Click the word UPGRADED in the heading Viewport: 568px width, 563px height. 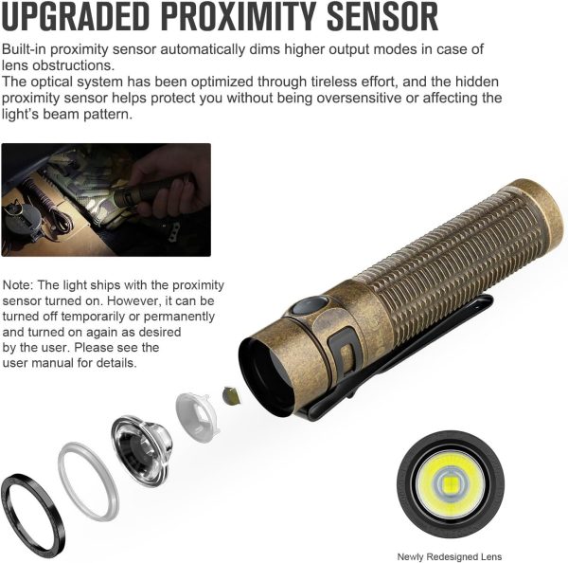point(76,16)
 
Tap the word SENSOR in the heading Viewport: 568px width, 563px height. point(382,16)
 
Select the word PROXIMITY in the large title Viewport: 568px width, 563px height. point(239,16)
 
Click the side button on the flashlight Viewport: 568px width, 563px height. point(311,305)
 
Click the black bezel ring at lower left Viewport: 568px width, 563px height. point(33,516)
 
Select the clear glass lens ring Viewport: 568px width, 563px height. point(88,481)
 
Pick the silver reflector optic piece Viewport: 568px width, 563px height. point(141,450)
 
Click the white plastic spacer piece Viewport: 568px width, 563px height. point(198,417)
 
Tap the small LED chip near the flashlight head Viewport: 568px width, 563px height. point(231,395)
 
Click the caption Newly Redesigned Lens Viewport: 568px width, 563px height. point(450,556)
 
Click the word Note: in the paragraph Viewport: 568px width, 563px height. point(18,285)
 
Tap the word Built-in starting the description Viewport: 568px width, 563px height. point(25,49)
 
